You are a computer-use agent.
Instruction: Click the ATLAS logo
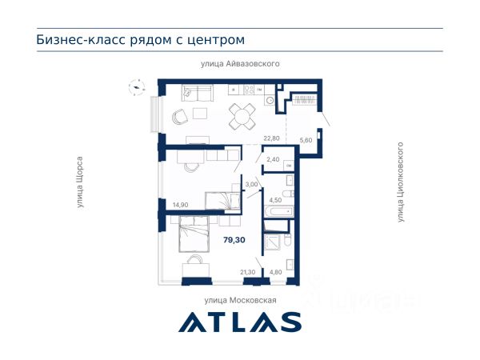(x=240, y=322)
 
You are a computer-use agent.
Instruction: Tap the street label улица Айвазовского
(x=240, y=64)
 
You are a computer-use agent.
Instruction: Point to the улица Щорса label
(x=80, y=182)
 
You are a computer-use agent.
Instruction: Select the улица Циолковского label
(x=400, y=182)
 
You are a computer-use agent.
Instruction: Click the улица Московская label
(x=240, y=300)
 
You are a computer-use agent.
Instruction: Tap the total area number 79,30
(x=234, y=240)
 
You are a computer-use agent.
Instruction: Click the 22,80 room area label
(x=271, y=138)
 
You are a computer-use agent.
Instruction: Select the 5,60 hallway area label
(x=306, y=140)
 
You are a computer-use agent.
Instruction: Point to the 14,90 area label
(x=180, y=205)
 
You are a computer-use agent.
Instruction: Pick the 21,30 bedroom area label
(x=248, y=272)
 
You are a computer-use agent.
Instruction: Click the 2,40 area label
(x=273, y=159)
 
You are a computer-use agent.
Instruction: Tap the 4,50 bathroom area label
(x=275, y=200)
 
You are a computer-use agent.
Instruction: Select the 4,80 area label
(x=275, y=272)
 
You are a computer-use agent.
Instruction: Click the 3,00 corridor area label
(x=252, y=185)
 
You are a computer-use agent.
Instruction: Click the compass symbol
(x=137, y=87)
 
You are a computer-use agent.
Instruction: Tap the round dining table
(x=242, y=116)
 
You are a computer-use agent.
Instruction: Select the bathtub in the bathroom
(x=279, y=211)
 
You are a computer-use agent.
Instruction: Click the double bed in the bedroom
(x=194, y=234)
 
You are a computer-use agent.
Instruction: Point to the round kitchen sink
(x=270, y=100)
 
